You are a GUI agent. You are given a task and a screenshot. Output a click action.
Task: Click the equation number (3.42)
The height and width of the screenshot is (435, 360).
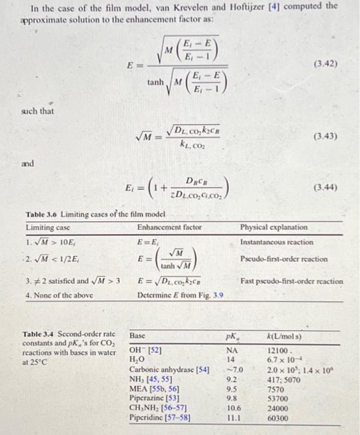point(328,63)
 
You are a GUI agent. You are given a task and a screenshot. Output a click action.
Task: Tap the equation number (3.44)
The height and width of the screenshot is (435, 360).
point(328,185)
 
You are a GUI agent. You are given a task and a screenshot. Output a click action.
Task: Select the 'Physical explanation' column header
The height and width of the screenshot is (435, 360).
point(269,227)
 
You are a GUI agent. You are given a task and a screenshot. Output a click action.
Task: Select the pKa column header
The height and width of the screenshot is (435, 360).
point(234,336)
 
